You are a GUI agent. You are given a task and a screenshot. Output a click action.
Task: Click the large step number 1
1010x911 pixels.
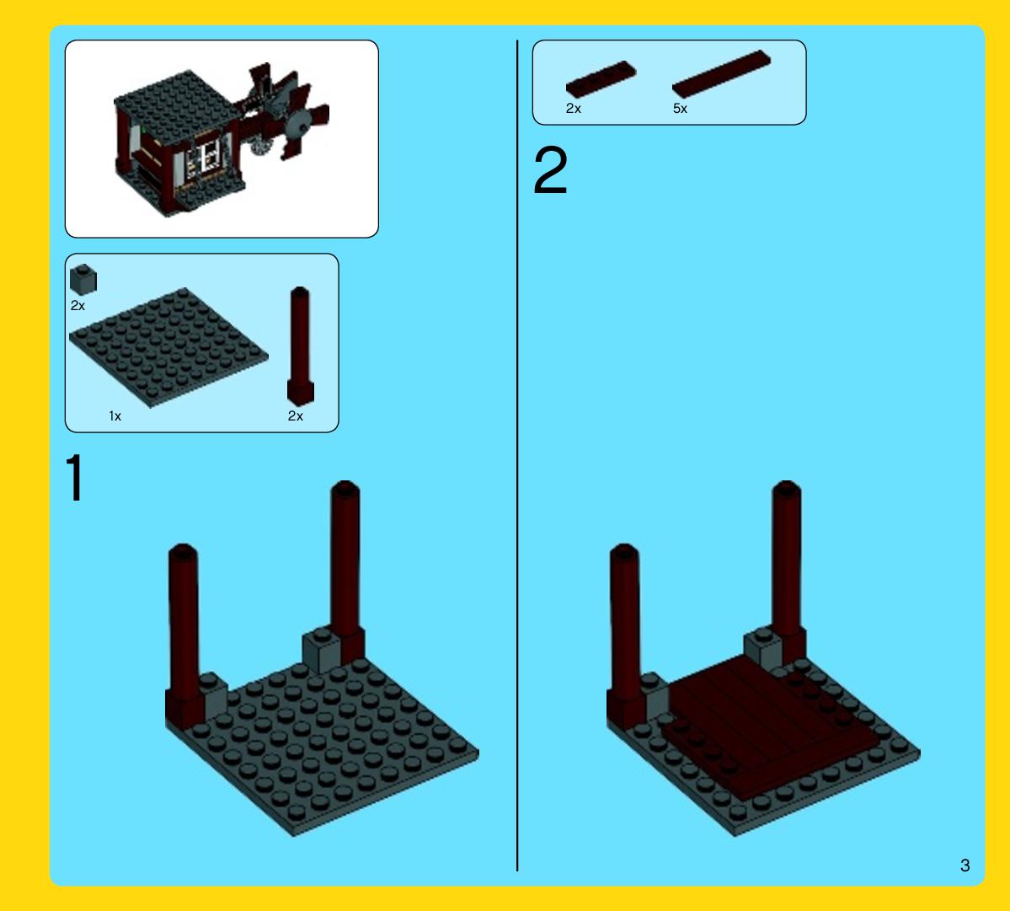75,477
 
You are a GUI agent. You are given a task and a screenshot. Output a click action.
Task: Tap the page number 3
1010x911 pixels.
965,865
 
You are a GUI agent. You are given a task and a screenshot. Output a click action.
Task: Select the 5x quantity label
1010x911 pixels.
680,108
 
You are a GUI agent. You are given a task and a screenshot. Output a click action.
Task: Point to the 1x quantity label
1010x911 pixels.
115,416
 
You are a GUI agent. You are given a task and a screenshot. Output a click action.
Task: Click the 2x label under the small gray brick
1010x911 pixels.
77,305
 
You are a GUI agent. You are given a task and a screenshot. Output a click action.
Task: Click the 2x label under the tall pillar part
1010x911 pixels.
295,416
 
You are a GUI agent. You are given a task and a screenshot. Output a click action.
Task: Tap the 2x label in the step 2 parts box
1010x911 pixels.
574,108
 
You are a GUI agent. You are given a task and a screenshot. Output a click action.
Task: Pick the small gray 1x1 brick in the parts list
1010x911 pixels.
83,280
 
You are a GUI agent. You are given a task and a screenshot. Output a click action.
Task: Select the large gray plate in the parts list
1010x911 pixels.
168,348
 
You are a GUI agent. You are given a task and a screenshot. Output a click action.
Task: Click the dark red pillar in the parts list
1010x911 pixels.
300,346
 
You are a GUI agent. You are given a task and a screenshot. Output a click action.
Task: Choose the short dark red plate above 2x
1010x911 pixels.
601,79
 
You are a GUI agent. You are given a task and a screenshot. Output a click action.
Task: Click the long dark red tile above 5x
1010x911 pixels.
721,74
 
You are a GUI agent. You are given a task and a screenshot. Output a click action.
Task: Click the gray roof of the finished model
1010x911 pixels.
177,103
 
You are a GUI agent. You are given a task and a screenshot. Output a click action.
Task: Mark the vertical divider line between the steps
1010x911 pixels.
517,455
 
